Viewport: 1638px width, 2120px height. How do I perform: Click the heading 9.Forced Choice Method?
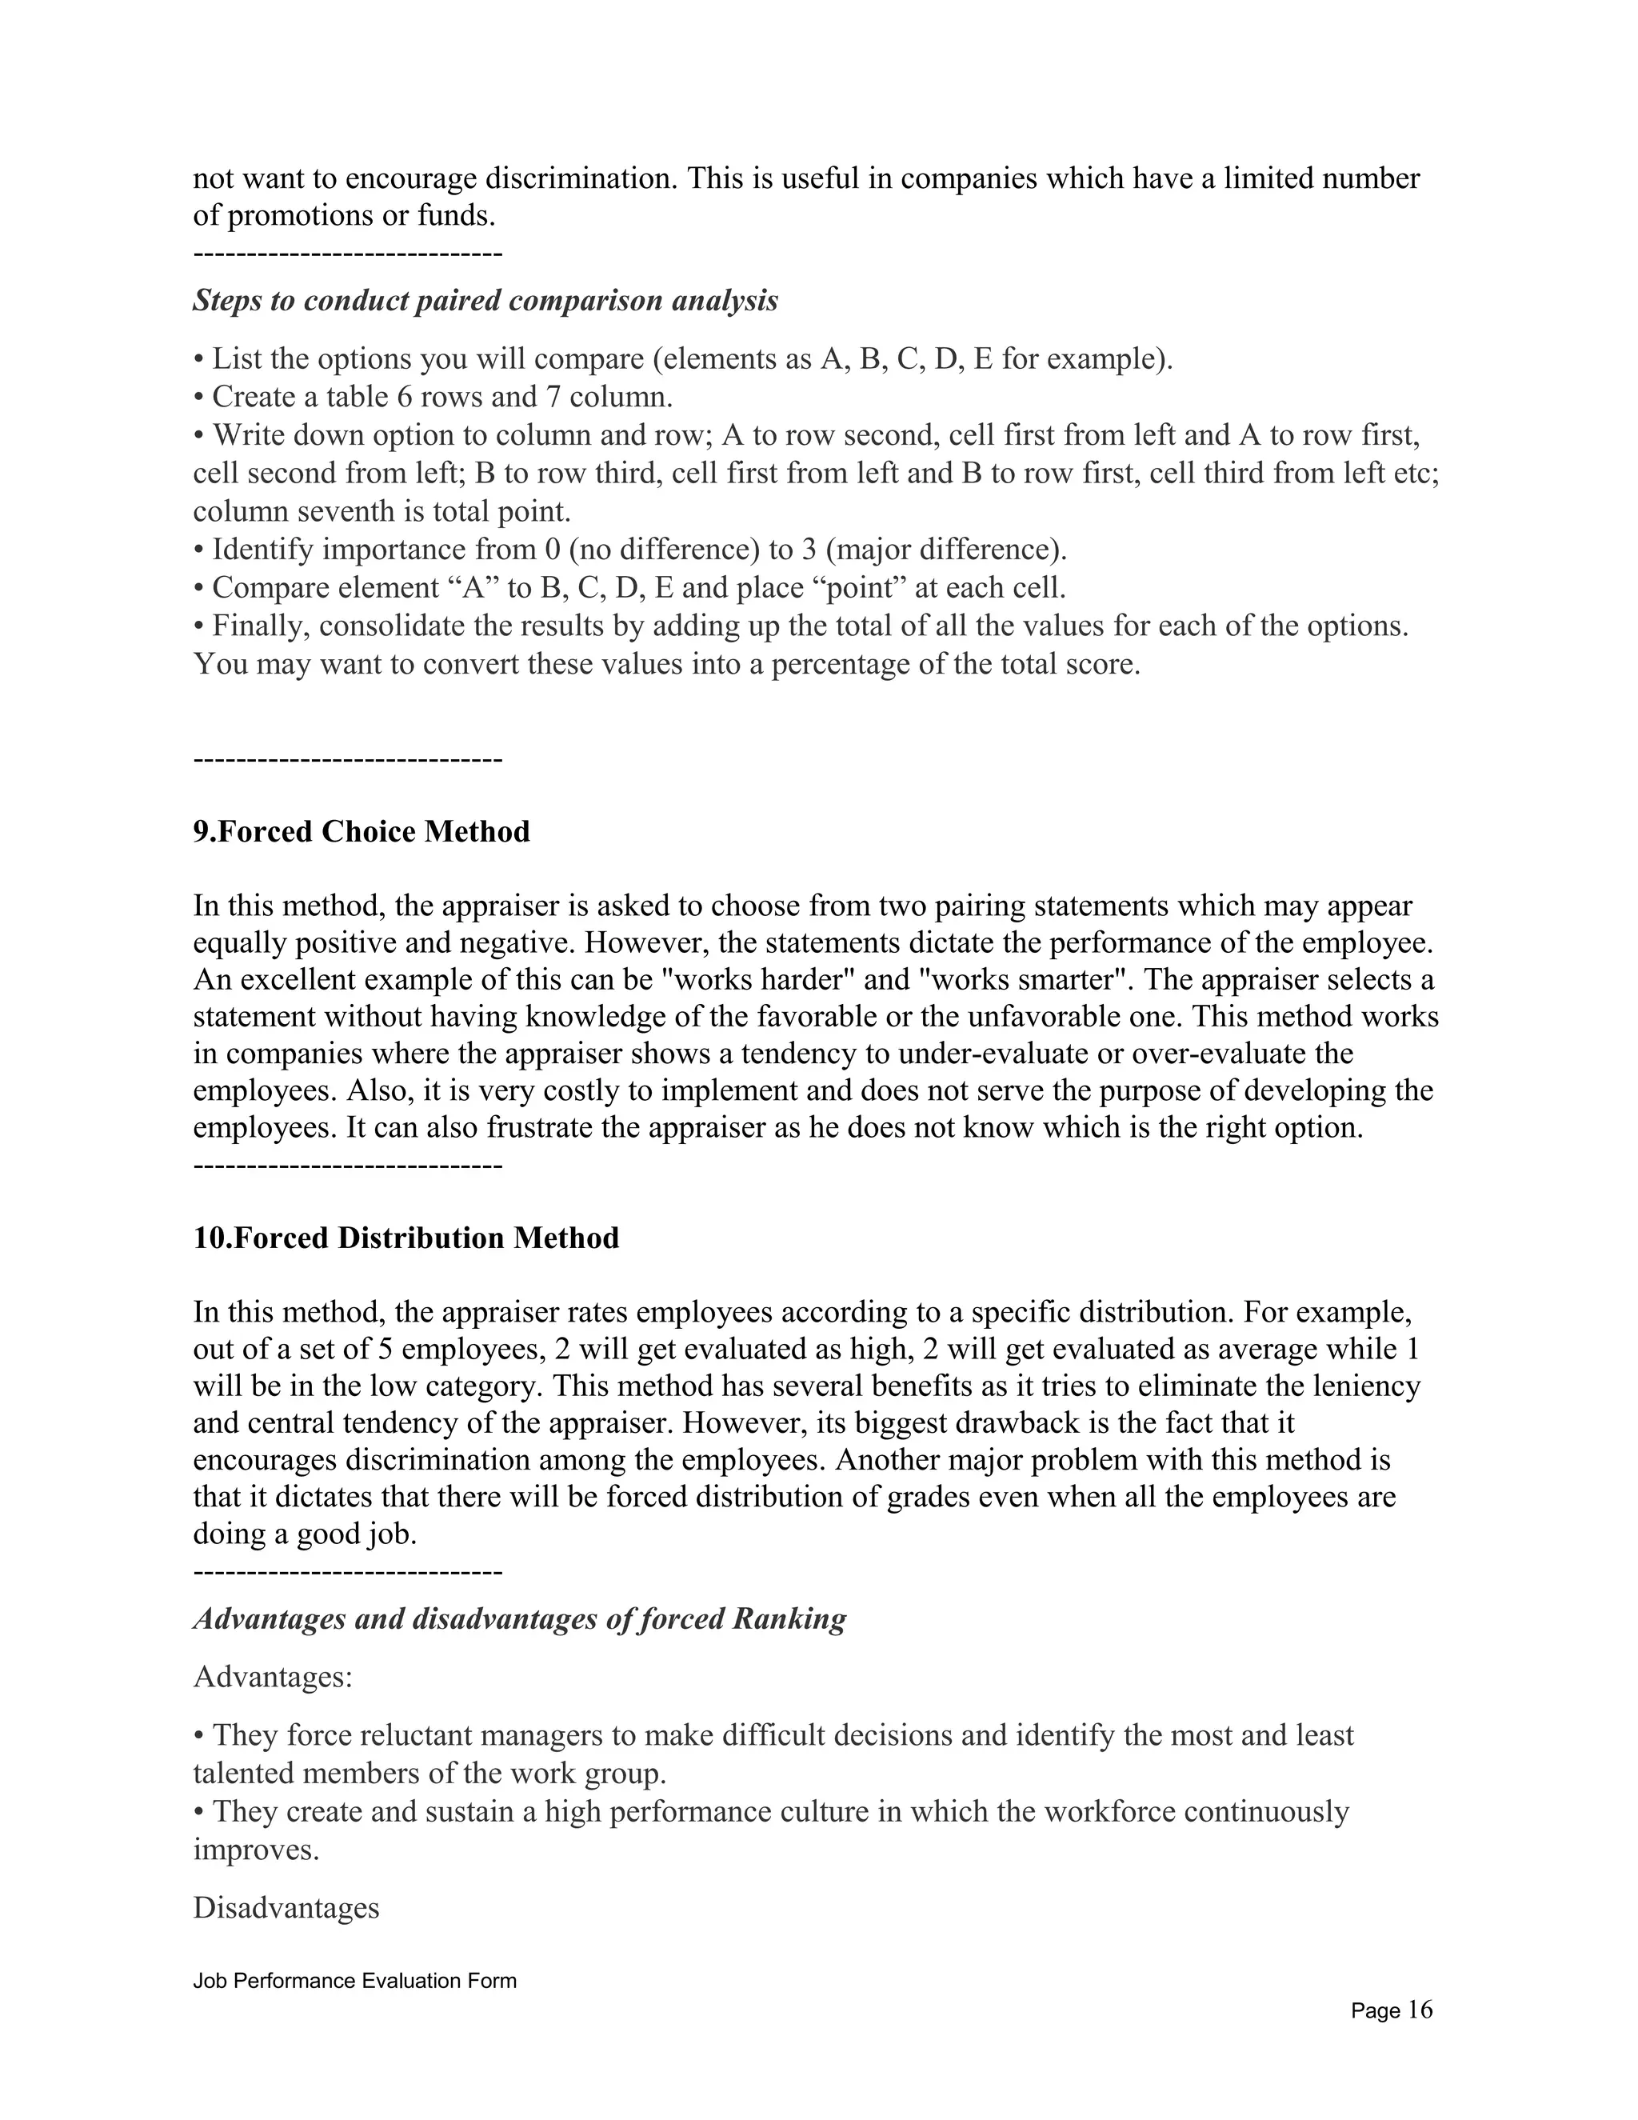pyautogui.click(x=361, y=832)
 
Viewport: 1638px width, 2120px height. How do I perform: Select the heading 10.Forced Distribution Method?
pyautogui.click(x=406, y=1238)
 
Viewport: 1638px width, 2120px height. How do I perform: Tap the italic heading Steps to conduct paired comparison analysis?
pyautogui.click(x=485, y=301)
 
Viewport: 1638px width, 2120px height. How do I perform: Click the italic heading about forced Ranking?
pyautogui.click(x=519, y=1618)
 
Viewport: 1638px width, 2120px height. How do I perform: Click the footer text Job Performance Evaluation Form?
pyautogui.click(x=354, y=1980)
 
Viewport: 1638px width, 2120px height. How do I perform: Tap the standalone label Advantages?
pyautogui.click(x=273, y=1676)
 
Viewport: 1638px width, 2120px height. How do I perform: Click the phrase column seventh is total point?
pyautogui.click(x=382, y=511)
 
